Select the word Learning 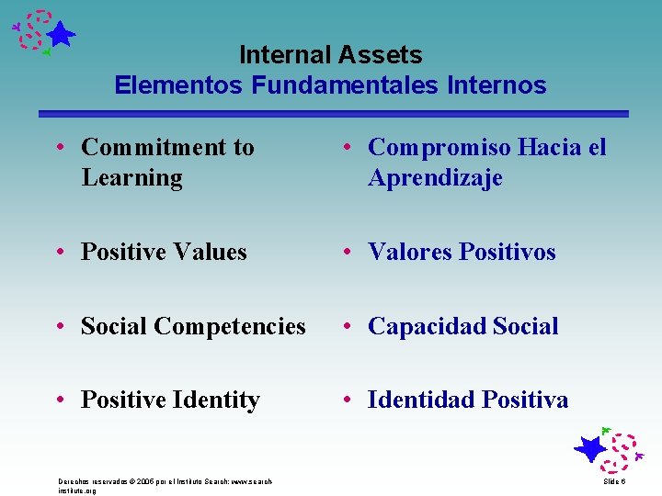131,178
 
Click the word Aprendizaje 435,178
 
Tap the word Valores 408,252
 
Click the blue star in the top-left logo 61,36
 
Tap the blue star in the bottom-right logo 589,449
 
